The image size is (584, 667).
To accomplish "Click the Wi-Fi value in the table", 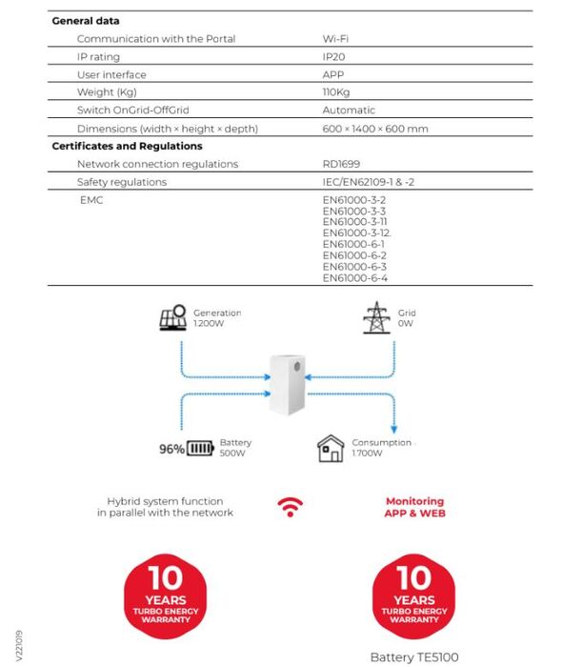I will click(x=335, y=39).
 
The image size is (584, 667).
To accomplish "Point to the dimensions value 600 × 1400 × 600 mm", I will click(x=374, y=129).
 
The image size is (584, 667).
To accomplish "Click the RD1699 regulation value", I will click(x=341, y=164).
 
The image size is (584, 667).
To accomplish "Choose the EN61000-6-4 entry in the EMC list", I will click(x=354, y=278).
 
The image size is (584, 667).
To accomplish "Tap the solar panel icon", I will click(x=172, y=318).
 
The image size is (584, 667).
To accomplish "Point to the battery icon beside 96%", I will click(x=200, y=449).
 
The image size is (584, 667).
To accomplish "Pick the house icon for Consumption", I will click(x=331, y=448).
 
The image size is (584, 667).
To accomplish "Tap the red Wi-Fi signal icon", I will click(x=290, y=507).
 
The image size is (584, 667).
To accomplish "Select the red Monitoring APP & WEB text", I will click(x=414, y=507).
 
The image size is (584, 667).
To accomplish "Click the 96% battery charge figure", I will click(x=171, y=449).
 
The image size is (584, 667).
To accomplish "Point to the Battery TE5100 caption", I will click(x=414, y=657).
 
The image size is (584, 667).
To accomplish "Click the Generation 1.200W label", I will click(x=217, y=318).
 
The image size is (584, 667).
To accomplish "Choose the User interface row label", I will click(x=111, y=74).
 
